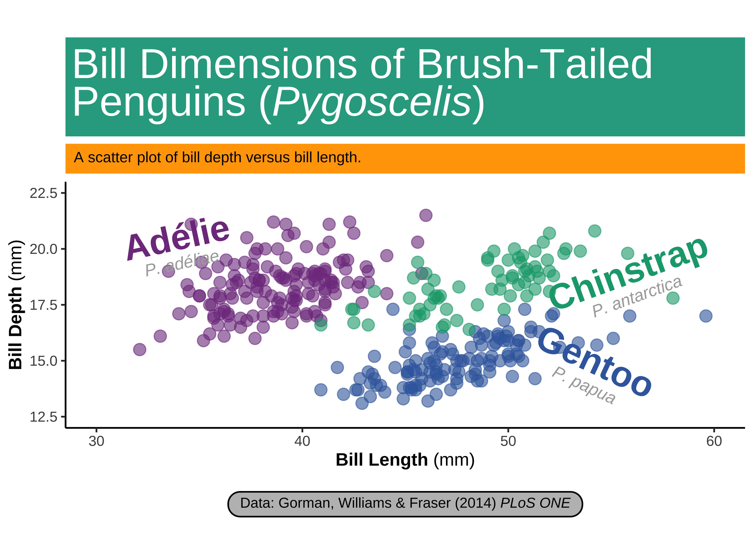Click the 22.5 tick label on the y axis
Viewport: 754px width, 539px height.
43,193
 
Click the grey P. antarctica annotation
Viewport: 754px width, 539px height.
637,296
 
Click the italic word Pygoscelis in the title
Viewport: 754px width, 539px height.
372,101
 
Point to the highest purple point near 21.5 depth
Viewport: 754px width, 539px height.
426,215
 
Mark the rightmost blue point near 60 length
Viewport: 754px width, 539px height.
706,316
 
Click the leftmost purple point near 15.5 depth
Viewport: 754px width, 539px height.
140,349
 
